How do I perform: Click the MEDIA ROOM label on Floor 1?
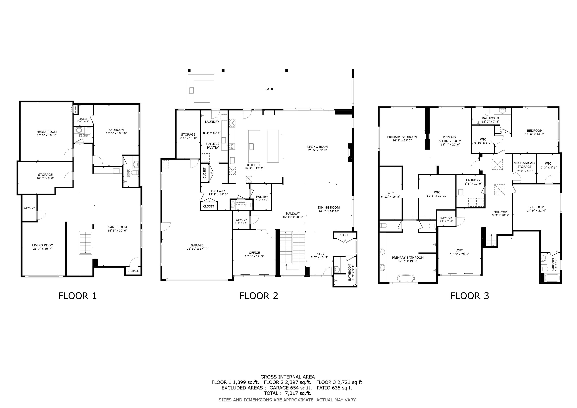[46, 132]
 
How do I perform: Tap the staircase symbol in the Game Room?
[86, 243]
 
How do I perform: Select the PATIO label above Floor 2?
[270, 89]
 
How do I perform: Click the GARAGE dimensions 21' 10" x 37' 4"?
[197, 249]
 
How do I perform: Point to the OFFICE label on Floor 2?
[254, 253]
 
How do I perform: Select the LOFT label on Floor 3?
[459, 250]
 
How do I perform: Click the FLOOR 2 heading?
[259, 296]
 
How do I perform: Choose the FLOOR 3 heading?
[469, 296]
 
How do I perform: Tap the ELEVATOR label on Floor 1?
[29, 208]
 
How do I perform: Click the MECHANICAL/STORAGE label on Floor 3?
[524, 165]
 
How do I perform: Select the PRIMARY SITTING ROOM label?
[450, 139]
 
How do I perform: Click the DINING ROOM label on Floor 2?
[329, 208]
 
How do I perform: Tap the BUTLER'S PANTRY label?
[213, 146]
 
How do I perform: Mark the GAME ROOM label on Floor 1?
[117, 227]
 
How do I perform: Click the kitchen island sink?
[251, 146]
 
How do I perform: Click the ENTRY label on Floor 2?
[319, 254]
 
